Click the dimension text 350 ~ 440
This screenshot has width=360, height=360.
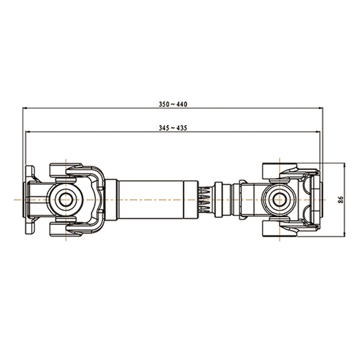coord(173,104)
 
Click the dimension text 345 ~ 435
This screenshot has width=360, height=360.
coord(173,128)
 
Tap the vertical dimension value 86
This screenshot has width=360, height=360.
coord(341,200)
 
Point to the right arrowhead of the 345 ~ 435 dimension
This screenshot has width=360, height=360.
coord(317,132)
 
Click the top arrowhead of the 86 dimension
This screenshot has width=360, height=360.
coord(344,166)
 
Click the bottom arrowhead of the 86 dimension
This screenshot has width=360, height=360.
coord(344,234)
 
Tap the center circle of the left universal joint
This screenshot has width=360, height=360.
coord(66,200)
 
